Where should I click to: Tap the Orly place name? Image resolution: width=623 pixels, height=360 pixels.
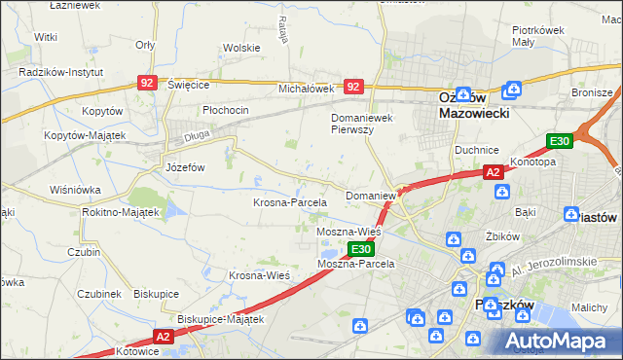coord(146,45)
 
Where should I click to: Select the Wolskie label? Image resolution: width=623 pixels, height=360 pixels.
coord(240,47)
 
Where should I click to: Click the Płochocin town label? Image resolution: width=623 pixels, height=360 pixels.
coord(226,110)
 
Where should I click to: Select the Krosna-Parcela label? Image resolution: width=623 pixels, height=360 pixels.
coord(289,202)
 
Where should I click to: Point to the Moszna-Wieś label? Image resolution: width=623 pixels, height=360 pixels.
coord(348,233)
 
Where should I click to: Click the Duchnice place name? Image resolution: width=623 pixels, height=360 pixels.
coord(477,151)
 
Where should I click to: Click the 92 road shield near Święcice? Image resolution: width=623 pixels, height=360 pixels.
coord(147,85)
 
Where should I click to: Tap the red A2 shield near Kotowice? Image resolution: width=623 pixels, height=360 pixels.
coord(163,337)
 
